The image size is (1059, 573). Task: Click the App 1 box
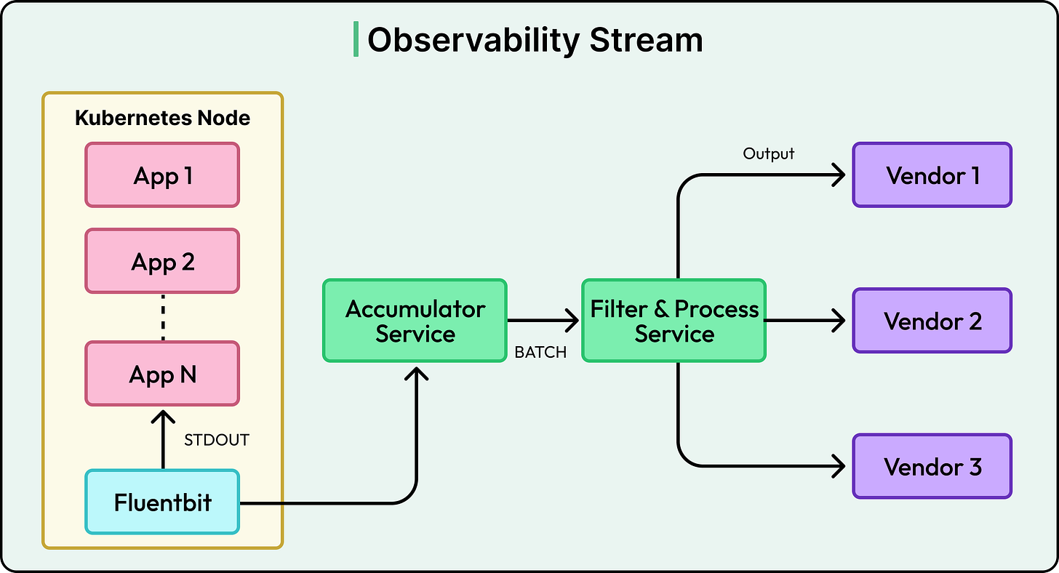click(162, 175)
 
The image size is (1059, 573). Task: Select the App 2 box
click(162, 261)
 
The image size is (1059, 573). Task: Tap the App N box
click(162, 374)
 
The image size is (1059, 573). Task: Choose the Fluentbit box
click(162, 502)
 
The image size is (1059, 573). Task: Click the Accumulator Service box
click(415, 321)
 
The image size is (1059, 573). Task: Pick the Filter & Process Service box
click(674, 321)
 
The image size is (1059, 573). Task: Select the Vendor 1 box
click(932, 175)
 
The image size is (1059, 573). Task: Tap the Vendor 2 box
click(932, 321)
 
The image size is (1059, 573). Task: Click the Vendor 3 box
click(932, 466)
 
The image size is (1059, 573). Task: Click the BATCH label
click(540, 353)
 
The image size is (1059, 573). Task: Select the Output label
click(769, 153)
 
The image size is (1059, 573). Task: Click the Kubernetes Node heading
click(162, 118)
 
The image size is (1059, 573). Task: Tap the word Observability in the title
click(473, 39)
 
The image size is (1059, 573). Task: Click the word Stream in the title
click(646, 39)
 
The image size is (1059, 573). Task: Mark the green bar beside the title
click(356, 39)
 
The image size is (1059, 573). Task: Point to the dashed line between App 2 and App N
click(162, 318)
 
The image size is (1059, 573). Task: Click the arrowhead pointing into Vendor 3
click(839, 466)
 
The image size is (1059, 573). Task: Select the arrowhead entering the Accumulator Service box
click(415, 374)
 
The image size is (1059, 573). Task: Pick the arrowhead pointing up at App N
click(162, 417)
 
